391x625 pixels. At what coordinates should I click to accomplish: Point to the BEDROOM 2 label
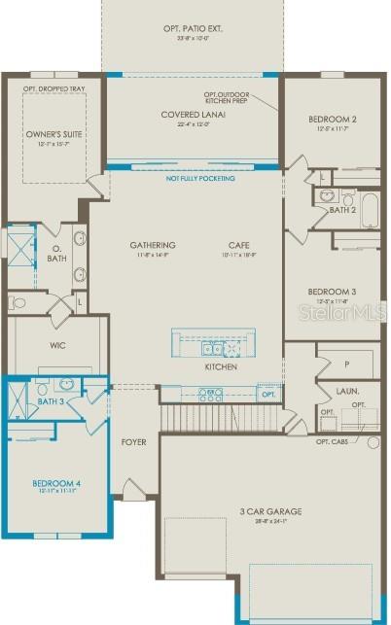(332, 120)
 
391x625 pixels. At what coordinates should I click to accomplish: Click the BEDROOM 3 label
(332, 292)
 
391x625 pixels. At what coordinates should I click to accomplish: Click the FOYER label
(133, 442)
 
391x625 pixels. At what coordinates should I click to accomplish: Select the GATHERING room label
(153, 245)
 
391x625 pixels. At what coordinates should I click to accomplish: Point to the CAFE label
(238, 245)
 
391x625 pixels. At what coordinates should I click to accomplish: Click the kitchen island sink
(211, 347)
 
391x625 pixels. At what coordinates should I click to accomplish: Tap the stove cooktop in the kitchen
(210, 395)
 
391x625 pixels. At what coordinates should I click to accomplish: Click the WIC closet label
(57, 344)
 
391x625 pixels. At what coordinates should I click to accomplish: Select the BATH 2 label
(341, 209)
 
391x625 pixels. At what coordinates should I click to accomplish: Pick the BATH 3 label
(51, 400)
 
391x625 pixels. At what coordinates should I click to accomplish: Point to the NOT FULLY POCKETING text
(194, 179)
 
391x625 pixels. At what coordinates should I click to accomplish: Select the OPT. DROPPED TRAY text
(54, 88)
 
